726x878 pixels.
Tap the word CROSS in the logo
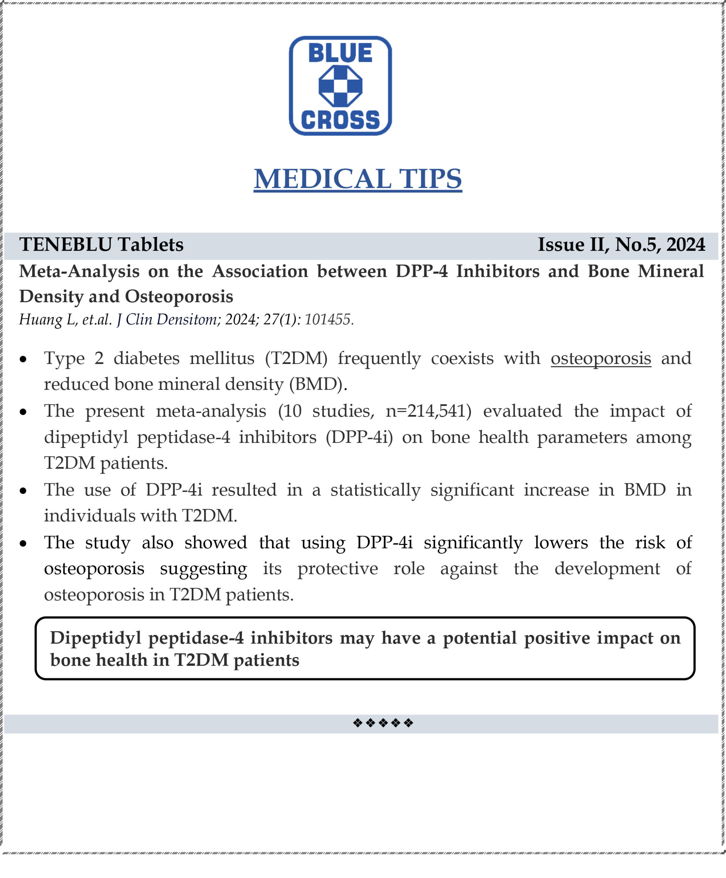(340, 120)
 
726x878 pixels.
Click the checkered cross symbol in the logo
(340, 86)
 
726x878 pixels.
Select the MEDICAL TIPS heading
(358, 179)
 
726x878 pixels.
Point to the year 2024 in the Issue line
(686, 245)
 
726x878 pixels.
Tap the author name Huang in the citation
(40, 320)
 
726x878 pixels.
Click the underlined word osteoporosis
(601, 358)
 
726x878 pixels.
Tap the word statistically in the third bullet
(375, 490)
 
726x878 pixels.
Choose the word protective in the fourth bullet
(337, 569)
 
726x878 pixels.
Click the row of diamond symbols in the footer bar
(383, 723)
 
